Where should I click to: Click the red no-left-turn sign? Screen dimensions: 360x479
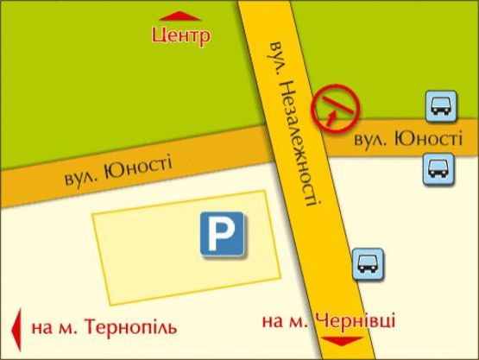click(337, 109)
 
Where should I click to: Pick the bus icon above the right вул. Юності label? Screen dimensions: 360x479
click(438, 107)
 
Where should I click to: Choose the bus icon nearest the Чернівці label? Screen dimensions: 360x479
click(367, 262)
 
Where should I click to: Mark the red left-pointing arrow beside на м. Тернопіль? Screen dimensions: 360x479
click(15, 329)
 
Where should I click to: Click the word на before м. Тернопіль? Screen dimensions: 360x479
click(40, 329)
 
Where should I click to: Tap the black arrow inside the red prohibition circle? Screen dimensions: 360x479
click(334, 108)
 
